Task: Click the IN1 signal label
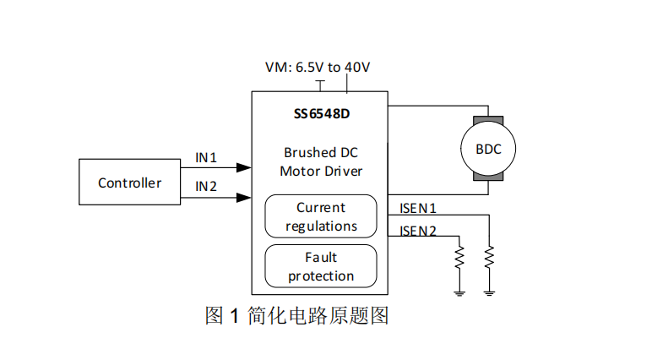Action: [x=206, y=157]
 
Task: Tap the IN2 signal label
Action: [x=206, y=187]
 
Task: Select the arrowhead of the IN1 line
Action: [x=244, y=168]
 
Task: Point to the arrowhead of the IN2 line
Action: [x=244, y=198]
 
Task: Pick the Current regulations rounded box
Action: [x=321, y=216]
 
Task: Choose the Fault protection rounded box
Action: [x=321, y=266]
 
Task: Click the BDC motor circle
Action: [x=488, y=149]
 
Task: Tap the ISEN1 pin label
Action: [x=417, y=208]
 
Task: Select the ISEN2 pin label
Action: [x=417, y=231]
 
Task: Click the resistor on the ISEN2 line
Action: [x=459, y=256]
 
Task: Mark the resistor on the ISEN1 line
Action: [x=488, y=256]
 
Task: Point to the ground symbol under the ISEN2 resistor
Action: [x=459, y=292]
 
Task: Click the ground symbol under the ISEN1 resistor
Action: [x=488, y=292]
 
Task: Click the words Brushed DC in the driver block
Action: [x=321, y=153]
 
